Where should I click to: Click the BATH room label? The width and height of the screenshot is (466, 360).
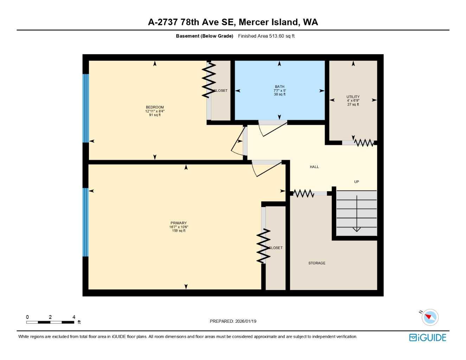pyautogui.click(x=280, y=86)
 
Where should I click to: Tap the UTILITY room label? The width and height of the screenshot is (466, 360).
pyautogui.click(x=353, y=97)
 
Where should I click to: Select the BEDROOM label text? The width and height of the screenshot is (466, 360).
pyautogui.click(x=155, y=107)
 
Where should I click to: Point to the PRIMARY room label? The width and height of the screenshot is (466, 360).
pyautogui.click(x=179, y=223)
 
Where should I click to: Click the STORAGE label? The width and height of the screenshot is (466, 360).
pyautogui.click(x=317, y=263)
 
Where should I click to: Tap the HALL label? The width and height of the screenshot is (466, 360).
pyautogui.click(x=314, y=167)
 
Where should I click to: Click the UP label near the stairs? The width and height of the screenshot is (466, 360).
pyautogui.click(x=356, y=182)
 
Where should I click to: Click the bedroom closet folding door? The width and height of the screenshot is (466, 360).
pyautogui.click(x=209, y=80)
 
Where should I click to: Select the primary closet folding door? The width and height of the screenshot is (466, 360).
pyautogui.click(x=263, y=246)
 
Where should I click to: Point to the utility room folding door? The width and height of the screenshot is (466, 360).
pyautogui.click(x=364, y=143)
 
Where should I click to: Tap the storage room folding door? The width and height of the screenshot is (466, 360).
pyautogui.click(x=304, y=193)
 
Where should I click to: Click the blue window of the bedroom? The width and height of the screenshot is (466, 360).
pyautogui.click(x=85, y=108)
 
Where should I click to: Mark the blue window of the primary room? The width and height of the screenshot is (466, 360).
pyautogui.click(x=85, y=222)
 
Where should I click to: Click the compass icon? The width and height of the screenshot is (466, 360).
pyautogui.click(x=429, y=317)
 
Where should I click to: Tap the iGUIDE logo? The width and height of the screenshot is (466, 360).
pyautogui.click(x=428, y=337)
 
